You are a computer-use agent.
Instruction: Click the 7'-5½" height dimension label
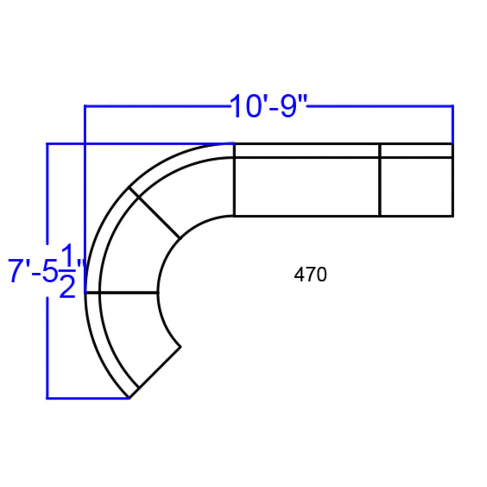pyautogui.click(x=46, y=271)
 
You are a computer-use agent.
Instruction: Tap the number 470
pyautogui.click(x=310, y=275)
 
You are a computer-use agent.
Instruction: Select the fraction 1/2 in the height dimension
pyautogui.click(x=67, y=271)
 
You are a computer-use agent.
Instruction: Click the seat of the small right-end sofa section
pyautogui.click(x=416, y=186)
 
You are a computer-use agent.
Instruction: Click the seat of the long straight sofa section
pyautogui.click(x=307, y=186)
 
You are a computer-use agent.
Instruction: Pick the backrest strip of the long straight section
pyautogui.click(x=307, y=151)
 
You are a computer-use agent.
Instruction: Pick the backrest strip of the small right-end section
pyautogui.click(x=416, y=151)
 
